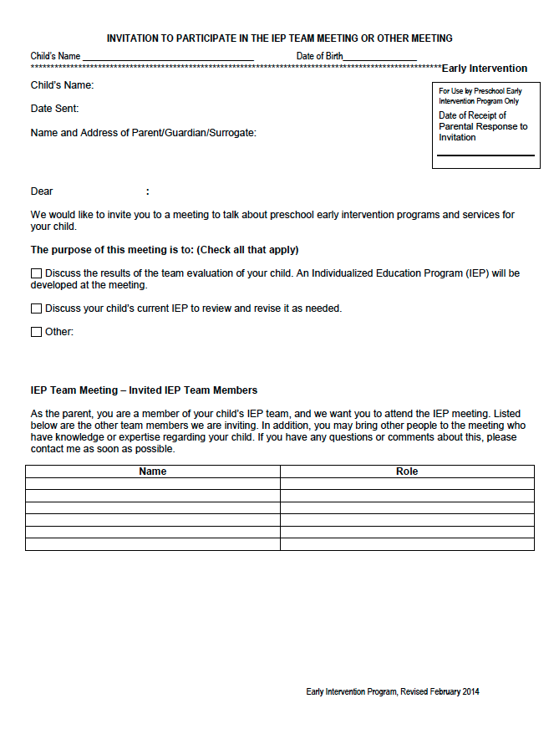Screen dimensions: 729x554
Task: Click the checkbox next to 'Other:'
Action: click(x=36, y=332)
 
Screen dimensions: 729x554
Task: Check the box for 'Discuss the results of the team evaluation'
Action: click(x=36, y=273)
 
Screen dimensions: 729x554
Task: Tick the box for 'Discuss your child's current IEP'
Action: click(x=36, y=308)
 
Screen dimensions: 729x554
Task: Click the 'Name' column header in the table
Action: click(x=153, y=472)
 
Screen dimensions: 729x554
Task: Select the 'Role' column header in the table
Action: click(x=407, y=472)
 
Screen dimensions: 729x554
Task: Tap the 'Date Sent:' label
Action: click(x=54, y=109)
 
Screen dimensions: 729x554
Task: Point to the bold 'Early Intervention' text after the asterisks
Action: click(x=485, y=69)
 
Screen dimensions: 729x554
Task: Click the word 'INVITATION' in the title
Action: click(x=135, y=38)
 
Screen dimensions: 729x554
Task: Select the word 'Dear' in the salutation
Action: click(x=42, y=191)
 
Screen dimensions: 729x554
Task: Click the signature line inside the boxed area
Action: click(x=485, y=155)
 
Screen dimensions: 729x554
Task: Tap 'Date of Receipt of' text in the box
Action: click(x=473, y=115)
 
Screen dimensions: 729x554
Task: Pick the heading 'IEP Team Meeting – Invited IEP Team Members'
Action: click(x=144, y=390)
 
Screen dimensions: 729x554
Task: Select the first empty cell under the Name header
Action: click(x=153, y=484)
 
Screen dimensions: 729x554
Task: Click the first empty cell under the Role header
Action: click(x=407, y=484)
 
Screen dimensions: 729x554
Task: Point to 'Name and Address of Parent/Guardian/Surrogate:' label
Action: click(x=144, y=133)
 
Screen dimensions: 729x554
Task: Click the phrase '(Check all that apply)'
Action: click(x=247, y=250)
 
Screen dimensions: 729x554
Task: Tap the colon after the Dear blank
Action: click(x=148, y=191)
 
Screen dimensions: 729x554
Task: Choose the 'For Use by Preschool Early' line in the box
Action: click(x=480, y=90)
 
